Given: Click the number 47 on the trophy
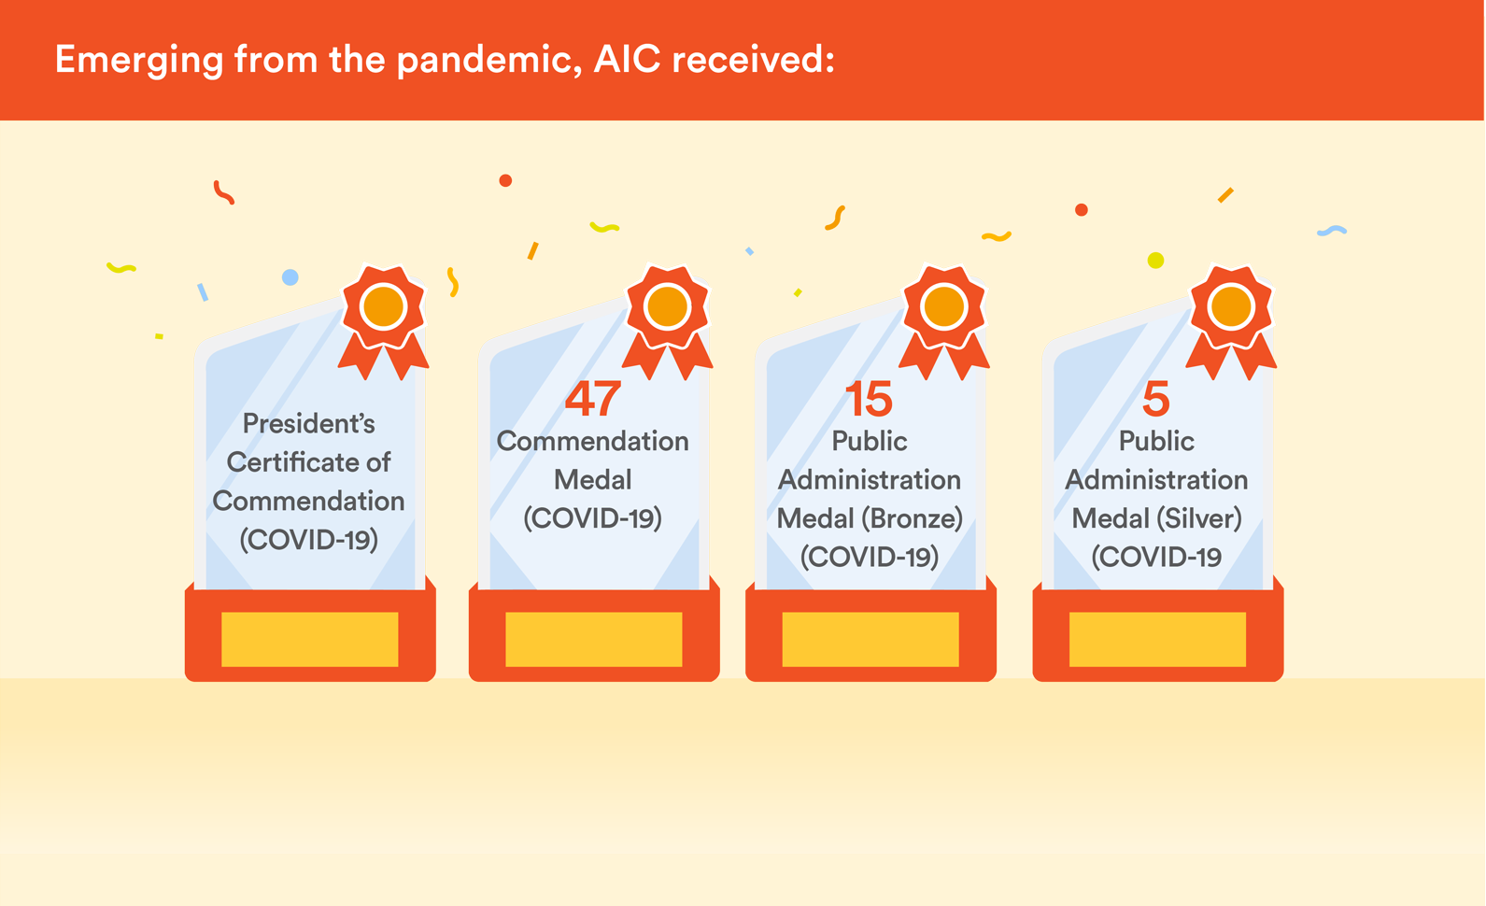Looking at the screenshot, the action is (592, 399).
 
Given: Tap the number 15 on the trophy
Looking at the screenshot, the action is (869, 399).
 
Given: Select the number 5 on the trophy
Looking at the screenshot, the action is (1155, 399).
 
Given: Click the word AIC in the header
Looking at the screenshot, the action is (627, 59).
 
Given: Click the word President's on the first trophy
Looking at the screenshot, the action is (308, 423).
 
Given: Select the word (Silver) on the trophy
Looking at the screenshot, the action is (1199, 518).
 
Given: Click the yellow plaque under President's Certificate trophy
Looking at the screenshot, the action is (310, 640).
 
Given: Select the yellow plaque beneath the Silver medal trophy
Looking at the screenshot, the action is (1157, 640).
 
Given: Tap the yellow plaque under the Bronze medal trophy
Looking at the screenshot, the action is (870, 640).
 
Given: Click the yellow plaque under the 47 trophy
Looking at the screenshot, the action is (594, 640).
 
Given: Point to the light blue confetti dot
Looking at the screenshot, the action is (290, 277).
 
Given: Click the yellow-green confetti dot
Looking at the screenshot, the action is (1155, 260).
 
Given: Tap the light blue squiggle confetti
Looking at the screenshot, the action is (1332, 231).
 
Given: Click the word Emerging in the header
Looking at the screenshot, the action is (139, 61).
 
